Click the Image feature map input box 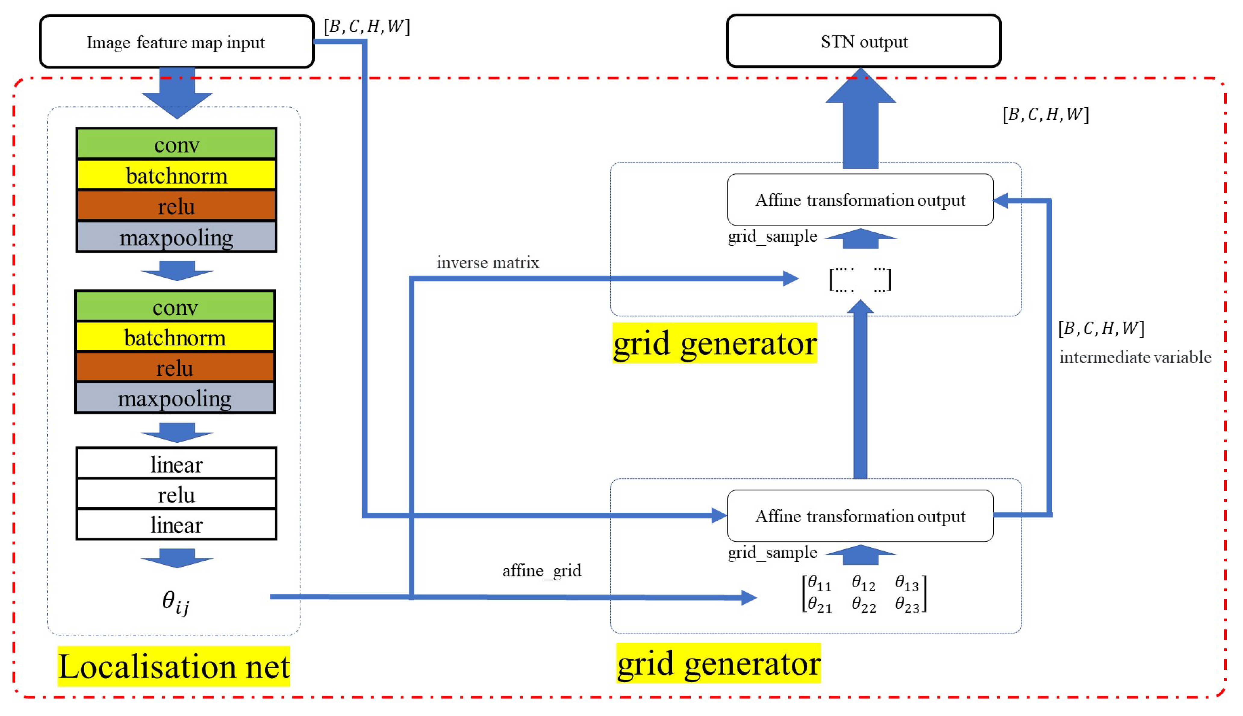pos(176,42)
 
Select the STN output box pos(864,41)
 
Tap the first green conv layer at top pos(176,144)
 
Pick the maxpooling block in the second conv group pos(175,398)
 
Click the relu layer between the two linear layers pos(176,494)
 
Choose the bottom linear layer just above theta pos(176,525)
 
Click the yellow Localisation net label pos(174,666)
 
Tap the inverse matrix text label pos(488,263)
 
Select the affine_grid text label pos(541,570)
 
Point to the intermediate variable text pos(1135,357)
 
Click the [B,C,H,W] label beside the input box pos(366,26)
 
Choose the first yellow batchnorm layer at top pos(176,175)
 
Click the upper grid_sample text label pos(772,236)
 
